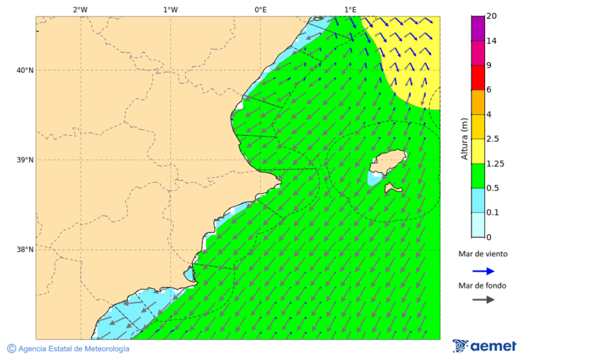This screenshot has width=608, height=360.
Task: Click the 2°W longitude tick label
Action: coord(80,9)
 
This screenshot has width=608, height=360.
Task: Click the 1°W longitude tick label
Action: coord(170,9)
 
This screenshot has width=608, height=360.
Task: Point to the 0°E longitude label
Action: coord(260,9)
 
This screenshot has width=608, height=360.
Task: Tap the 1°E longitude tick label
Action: coord(350,9)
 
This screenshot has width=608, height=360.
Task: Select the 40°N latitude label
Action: coord(25,70)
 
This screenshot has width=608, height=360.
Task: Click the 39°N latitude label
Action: coord(25,160)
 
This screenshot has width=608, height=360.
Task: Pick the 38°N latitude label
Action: coord(25,250)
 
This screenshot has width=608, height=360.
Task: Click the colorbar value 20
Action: coord(492,16)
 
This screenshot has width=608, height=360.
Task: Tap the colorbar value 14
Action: coord(492,41)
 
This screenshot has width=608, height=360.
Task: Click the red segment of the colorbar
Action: coord(478,78)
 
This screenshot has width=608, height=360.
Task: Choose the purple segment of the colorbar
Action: coord(478,28)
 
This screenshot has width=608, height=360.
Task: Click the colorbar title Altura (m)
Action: coord(464,138)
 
